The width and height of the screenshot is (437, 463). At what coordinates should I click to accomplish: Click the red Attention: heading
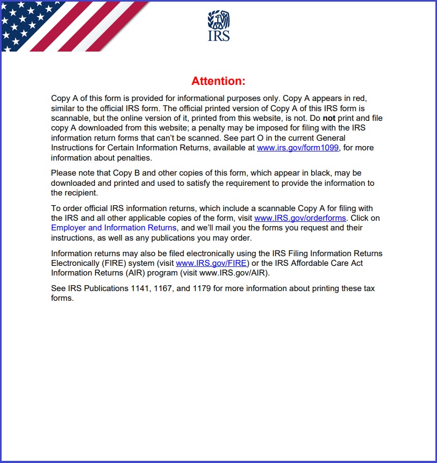click(x=218, y=81)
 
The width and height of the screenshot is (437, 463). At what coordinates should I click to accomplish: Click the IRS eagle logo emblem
click(x=218, y=20)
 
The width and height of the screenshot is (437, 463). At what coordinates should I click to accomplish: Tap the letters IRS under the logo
click(x=218, y=36)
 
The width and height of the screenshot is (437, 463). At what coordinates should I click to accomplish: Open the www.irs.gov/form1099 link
click(x=298, y=148)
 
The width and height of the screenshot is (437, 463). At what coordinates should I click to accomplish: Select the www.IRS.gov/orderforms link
click(x=300, y=218)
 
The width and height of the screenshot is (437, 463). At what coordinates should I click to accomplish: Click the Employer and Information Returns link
click(x=113, y=228)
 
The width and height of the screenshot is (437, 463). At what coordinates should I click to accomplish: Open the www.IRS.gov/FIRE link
click(x=211, y=263)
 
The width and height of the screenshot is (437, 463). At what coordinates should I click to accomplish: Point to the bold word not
click(x=329, y=118)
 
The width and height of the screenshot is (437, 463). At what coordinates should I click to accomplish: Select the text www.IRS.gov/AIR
click(x=237, y=273)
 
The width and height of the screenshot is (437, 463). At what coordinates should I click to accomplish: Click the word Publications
click(x=105, y=288)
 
